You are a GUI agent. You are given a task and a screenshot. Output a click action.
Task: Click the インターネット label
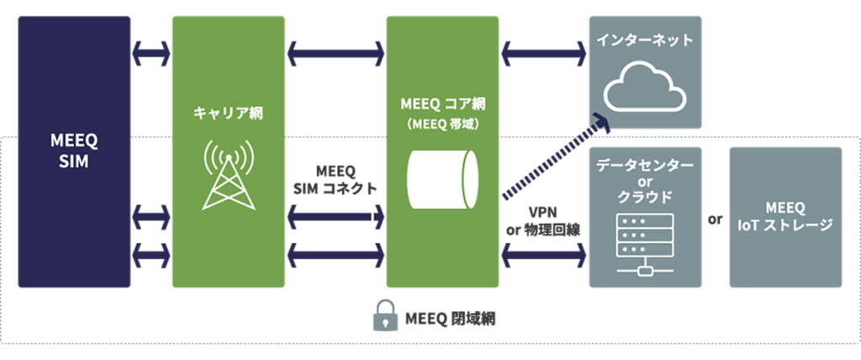(645, 40)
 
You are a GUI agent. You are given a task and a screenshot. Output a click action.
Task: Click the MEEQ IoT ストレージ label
(786, 217)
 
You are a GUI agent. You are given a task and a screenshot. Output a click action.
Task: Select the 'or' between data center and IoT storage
(716, 220)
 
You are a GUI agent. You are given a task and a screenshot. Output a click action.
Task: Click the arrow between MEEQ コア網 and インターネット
(543, 54)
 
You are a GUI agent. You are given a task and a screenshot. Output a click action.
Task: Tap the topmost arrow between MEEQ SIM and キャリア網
(151, 54)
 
